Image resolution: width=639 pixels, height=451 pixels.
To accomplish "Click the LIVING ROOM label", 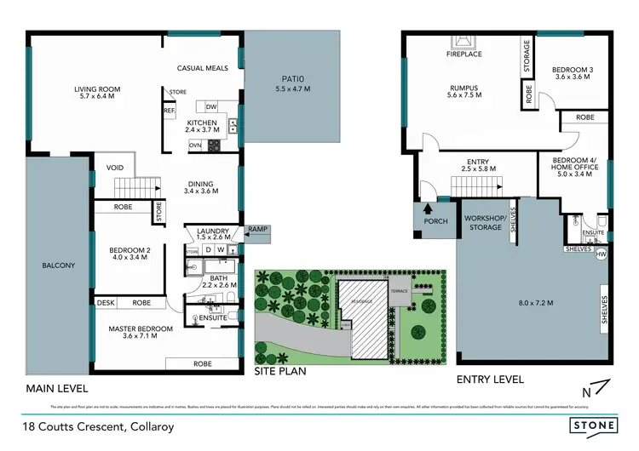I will (x=97, y=88).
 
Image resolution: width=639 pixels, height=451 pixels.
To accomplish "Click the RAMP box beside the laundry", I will (x=256, y=230).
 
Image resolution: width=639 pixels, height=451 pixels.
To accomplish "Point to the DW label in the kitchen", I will (x=211, y=106).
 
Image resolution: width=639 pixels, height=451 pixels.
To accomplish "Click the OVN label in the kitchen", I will (x=195, y=145).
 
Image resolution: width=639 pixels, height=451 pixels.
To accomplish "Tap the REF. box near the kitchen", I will (x=169, y=111).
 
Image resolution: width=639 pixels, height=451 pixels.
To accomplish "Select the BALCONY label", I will (x=59, y=265).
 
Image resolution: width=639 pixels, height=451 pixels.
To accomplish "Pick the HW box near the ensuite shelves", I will (x=602, y=254).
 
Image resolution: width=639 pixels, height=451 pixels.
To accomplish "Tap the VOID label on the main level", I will (x=116, y=168).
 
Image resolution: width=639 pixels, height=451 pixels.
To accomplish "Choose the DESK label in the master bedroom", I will (x=106, y=302).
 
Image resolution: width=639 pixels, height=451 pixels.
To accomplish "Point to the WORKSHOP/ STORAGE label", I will (x=484, y=223).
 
